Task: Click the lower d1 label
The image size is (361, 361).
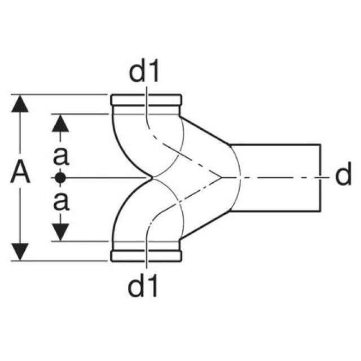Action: click(x=144, y=286)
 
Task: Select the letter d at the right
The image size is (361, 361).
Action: click(x=342, y=176)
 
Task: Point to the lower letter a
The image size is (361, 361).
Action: click(x=61, y=200)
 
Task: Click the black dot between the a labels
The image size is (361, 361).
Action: click(x=61, y=178)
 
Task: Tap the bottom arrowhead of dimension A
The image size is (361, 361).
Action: click(x=21, y=251)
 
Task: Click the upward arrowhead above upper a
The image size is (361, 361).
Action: click(x=61, y=123)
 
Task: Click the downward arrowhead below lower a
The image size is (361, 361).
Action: click(x=61, y=231)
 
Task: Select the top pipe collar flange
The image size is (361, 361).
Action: click(x=146, y=100)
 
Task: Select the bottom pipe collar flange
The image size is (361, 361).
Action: click(x=146, y=256)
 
